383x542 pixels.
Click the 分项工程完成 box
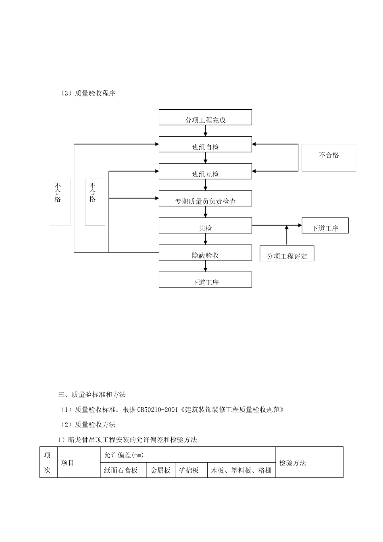click(x=205, y=117)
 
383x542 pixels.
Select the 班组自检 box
click(x=205, y=144)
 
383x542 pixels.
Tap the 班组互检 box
click(x=205, y=171)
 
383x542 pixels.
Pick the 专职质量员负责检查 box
click(x=205, y=198)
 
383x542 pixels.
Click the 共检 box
click(x=205, y=225)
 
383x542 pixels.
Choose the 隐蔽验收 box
click(x=205, y=252)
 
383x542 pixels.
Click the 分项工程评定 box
click(x=287, y=253)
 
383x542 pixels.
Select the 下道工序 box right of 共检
click(x=325, y=226)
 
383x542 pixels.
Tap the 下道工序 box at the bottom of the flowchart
click(x=205, y=279)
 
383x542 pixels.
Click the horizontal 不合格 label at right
click(x=329, y=155)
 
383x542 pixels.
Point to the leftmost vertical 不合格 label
click(x=58, y=192)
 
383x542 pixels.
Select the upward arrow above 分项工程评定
click(x=287, y=235)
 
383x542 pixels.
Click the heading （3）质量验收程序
click(x=88, y=93)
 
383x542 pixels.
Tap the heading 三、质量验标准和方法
click(x=92, y=394)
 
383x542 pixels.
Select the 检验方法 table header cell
click(x=293, y=463)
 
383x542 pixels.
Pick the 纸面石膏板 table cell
click(x=121, y=470)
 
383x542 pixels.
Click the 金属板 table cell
click(x=160, y=470)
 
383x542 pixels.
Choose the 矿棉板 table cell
click(x=189, y=470)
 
